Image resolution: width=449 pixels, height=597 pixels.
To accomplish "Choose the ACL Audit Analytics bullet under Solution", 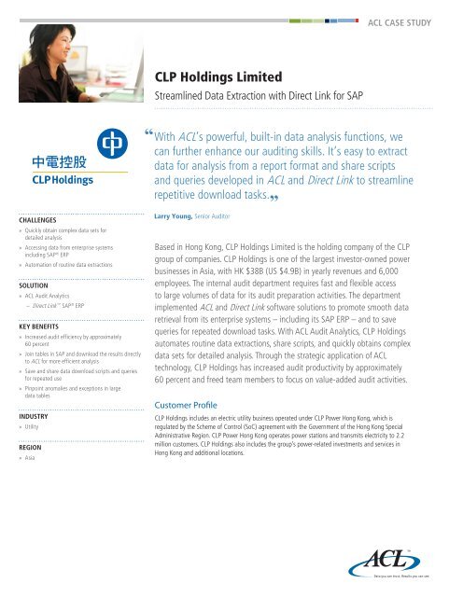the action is (x=49, y=296).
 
